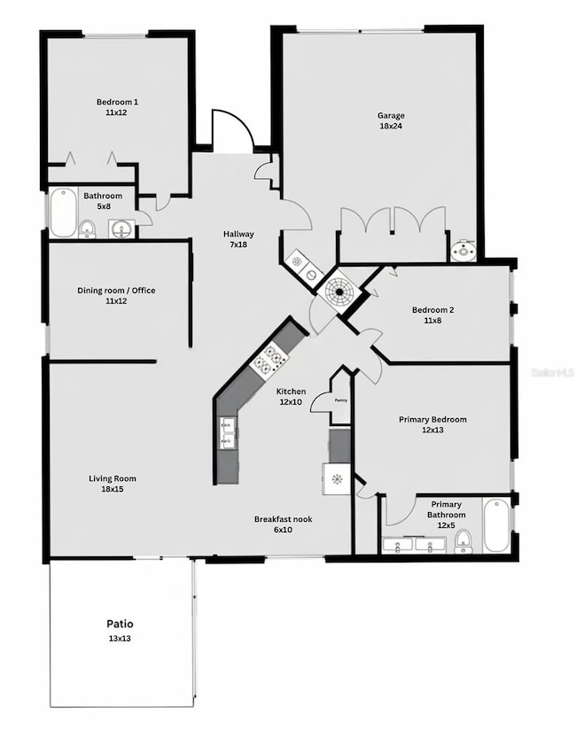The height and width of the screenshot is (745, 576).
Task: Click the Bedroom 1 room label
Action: (117, 102)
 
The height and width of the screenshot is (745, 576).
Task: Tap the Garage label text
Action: (391, 115)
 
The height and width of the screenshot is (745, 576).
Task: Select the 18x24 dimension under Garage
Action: (391, 126)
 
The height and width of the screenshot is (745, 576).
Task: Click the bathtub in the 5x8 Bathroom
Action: (63, 213)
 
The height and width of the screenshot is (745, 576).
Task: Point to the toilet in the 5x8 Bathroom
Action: (87, 230)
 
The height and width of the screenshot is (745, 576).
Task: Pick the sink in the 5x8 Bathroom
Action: (121, 229)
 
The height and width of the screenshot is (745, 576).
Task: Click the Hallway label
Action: (238, 234)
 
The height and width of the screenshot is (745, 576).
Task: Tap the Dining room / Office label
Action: (117, 291)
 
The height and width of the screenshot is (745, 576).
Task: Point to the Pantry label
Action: (341, 400)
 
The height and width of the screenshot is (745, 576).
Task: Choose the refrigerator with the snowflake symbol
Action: (337, 479)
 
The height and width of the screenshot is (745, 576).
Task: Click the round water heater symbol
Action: (339, 291)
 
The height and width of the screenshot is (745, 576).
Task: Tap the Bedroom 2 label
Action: (432, 310)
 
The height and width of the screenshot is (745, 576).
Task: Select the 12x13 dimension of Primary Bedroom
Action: (432, 430)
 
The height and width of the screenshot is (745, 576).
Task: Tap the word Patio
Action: (120, 625)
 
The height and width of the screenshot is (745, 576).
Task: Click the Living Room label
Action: (113, 478)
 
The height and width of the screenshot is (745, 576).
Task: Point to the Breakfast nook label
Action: (283, 519)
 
